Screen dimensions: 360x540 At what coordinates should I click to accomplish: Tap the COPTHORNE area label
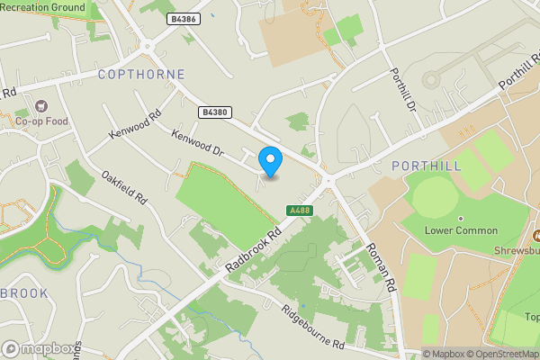click(x=141, y=75)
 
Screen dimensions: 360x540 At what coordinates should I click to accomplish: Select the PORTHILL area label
click(x=427, y=166)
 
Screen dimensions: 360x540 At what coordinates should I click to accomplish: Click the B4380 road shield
click(x=214, y=112)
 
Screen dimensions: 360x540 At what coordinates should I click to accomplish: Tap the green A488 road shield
click(x=300, y=211)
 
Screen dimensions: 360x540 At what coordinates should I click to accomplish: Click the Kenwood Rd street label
click(x=134, y=125)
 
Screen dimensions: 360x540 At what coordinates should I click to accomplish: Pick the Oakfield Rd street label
click(x=124, y=187)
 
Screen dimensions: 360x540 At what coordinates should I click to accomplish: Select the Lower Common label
click(x=461, y=230)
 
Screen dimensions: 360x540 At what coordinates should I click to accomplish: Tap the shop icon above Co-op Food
click(x=39, y=105)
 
